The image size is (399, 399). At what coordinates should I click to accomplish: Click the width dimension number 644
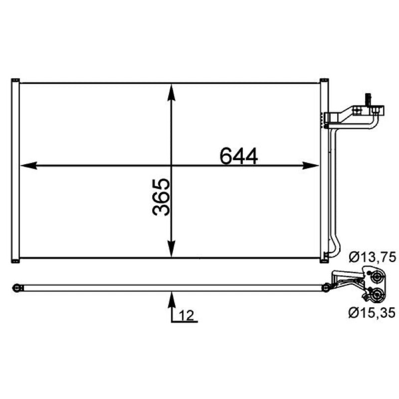click(x=239, y=156)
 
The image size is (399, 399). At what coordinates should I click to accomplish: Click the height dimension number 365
click(x=161, y=197)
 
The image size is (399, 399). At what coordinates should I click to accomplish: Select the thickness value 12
click(x=187, y=316)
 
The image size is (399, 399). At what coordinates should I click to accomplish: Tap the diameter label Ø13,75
click(x=372, y=257)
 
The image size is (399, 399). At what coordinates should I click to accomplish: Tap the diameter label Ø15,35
click(x=372, y=312)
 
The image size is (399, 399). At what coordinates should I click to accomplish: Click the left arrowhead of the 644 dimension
click(x=29, y=166)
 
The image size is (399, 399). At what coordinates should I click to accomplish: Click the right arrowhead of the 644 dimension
click(x=310, y=166)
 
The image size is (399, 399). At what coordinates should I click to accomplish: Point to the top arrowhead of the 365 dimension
click(x=172, y=92)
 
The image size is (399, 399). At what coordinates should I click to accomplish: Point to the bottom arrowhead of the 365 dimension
click(x=172, y=248)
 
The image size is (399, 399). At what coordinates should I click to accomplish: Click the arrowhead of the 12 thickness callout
click(x=172, y=300)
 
